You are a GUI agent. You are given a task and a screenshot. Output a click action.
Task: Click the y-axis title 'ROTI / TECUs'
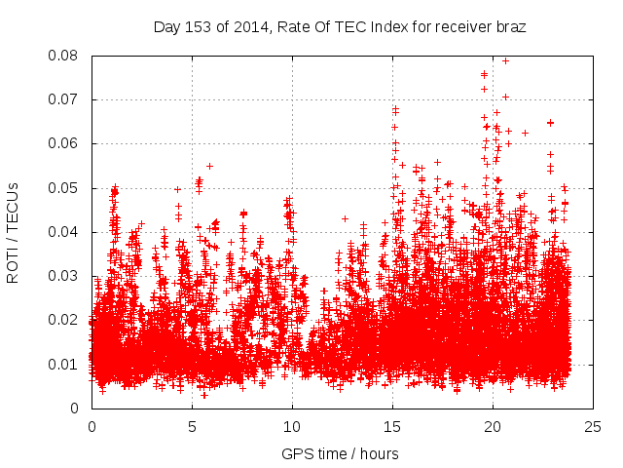tap(13, 231)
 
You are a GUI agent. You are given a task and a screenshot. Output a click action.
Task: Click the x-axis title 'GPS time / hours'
tap(340, 454)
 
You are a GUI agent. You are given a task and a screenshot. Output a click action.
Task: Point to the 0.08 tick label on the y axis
tap(67, 56)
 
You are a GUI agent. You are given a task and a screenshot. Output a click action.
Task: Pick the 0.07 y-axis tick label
tap(67, 99)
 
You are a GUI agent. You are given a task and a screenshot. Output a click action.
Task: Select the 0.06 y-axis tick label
tap(67, 143)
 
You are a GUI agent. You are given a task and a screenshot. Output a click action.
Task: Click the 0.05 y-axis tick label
tap(67, 188)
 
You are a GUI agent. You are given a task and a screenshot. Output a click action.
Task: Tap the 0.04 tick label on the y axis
tap(67, 232)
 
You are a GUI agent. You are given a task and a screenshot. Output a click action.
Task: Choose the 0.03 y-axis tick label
tap(67, 276)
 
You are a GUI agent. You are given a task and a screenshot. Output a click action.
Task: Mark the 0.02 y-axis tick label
tap(67, 320)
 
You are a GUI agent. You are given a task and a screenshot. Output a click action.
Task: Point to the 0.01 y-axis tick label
tap(67, 365)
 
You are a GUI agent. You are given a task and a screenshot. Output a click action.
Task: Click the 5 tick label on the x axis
tap(192, 426)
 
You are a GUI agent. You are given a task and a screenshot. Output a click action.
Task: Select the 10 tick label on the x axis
tap(292, 426)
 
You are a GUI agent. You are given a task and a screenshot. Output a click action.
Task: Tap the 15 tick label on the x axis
tap(392, 426)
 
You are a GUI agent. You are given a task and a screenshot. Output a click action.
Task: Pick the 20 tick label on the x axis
tap(493, 426)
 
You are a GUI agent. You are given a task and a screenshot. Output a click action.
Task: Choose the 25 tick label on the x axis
tap(593, 426)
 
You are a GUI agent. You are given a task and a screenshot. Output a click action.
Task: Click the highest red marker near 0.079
tap(505, 60)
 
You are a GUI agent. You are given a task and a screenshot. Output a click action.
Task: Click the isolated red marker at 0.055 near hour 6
tap(209, 166)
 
